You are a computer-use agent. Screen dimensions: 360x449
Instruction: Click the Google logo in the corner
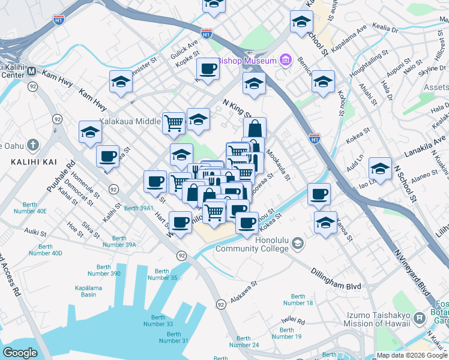tap(20, 353)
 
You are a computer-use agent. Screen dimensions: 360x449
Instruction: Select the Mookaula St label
tap(279, 165)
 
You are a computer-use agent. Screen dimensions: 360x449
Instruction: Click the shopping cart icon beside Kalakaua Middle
tap(173, 123)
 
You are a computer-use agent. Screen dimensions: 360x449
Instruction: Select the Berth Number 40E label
tap(33, 208)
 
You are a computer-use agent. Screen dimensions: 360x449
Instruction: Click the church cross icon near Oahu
tap(32, 145)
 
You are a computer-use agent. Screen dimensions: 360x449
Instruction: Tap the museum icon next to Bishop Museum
tap(285, 60)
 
